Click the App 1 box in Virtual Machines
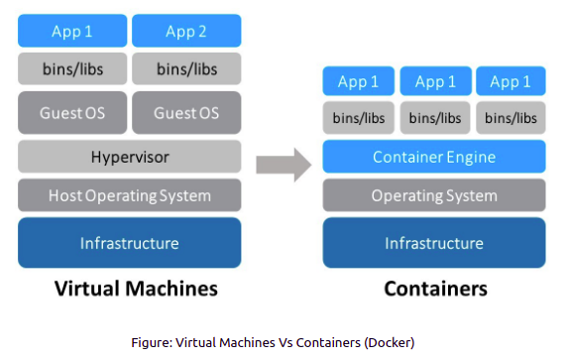click(x=72, y=31)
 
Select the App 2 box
click(x=186, y=31)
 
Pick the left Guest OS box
click(x=72, y=113)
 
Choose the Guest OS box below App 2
click(x=186, y=113)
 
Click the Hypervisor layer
click(x=129, y=156)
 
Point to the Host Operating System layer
click(x=129, y=195)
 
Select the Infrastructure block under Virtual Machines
click(x=129, y=243)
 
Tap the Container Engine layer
click(x=434, y=157)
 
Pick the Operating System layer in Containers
click(x=434, y=195)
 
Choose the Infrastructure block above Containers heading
click(x=434, y=243)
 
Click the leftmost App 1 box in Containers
click(x=358, y=81)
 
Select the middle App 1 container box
click(x=435, y=81)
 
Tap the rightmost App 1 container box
click(x=511, y=81)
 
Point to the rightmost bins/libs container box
click(x=511, y=118)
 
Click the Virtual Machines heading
click(x=130, y=290)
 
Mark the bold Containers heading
click(x=434, y=290)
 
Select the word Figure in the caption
click(x=152, y=342)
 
